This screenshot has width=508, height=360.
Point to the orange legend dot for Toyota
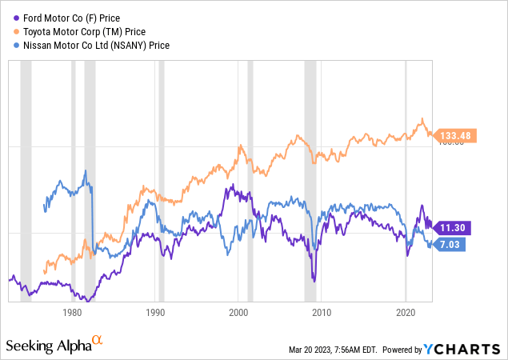coord(10,32)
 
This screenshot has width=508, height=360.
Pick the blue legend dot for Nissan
coord(10,46)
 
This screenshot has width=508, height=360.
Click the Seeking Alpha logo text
coord(48,346)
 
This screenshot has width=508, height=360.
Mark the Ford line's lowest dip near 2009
coord(314,281)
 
